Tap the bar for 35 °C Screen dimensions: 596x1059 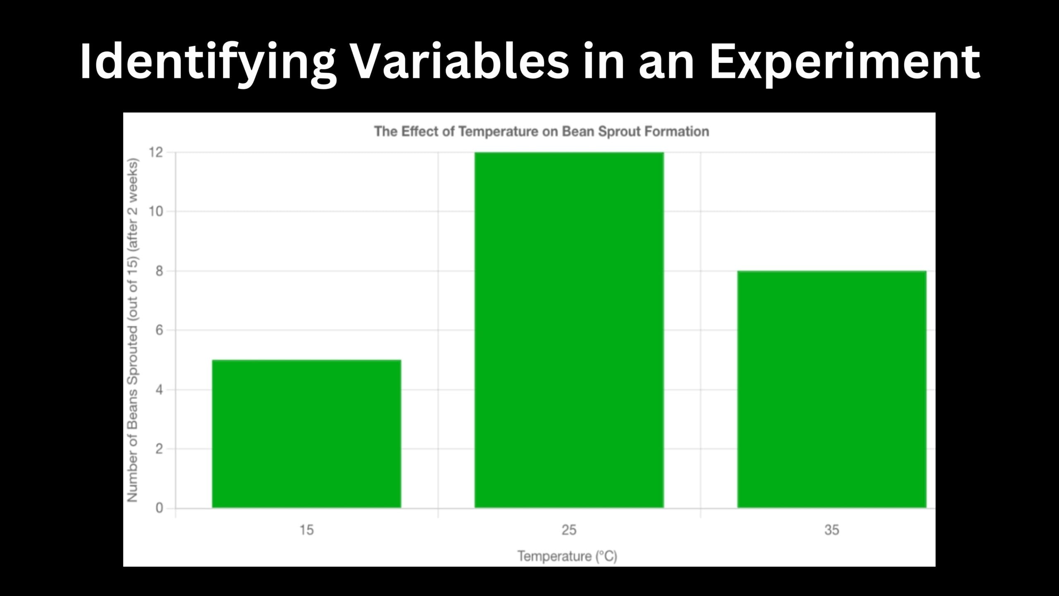click(x=831, y=389)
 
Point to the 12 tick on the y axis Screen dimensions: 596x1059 click(x=156, y=153)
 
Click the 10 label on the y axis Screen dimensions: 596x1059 click(x=156, y=212)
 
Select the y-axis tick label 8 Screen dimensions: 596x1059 click(x=159, y=271)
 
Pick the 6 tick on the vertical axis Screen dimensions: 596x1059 click(x=159, y=330)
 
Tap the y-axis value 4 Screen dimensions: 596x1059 click(x=159, y=390)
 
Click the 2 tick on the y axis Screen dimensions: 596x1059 click(x=159, y=449)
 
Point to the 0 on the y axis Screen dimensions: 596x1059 click(x=159, y=508)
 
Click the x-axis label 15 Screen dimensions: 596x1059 click(x=307, y=530)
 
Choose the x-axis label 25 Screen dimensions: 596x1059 click(x=569, y=530)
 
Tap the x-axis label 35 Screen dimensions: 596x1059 click(x=831, y=530)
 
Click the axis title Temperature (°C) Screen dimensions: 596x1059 click(x=567, y=556)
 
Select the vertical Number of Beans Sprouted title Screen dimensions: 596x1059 click(x=132, y=331)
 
